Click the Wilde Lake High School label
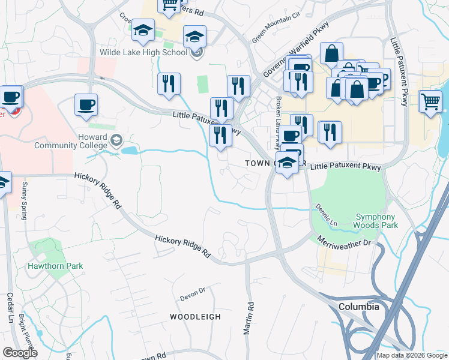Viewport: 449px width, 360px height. (x=144, y=52)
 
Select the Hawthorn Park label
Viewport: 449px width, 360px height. (x=55, y=266)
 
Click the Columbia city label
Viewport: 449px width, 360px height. (x=359, y=307)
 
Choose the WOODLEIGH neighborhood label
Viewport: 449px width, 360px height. (x=195, y=316)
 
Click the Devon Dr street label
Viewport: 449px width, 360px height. (x=193, y=294)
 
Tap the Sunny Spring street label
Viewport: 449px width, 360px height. (x=25, y=200)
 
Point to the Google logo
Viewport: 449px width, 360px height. (x=20, y=353)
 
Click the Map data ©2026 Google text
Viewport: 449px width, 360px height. (x=412, y=355)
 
